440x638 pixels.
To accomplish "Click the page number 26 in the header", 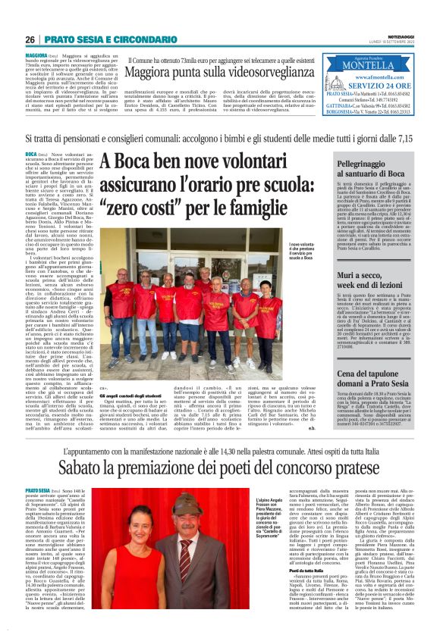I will (x=30, y=39).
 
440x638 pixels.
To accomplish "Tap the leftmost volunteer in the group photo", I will (x=120, y=318).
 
